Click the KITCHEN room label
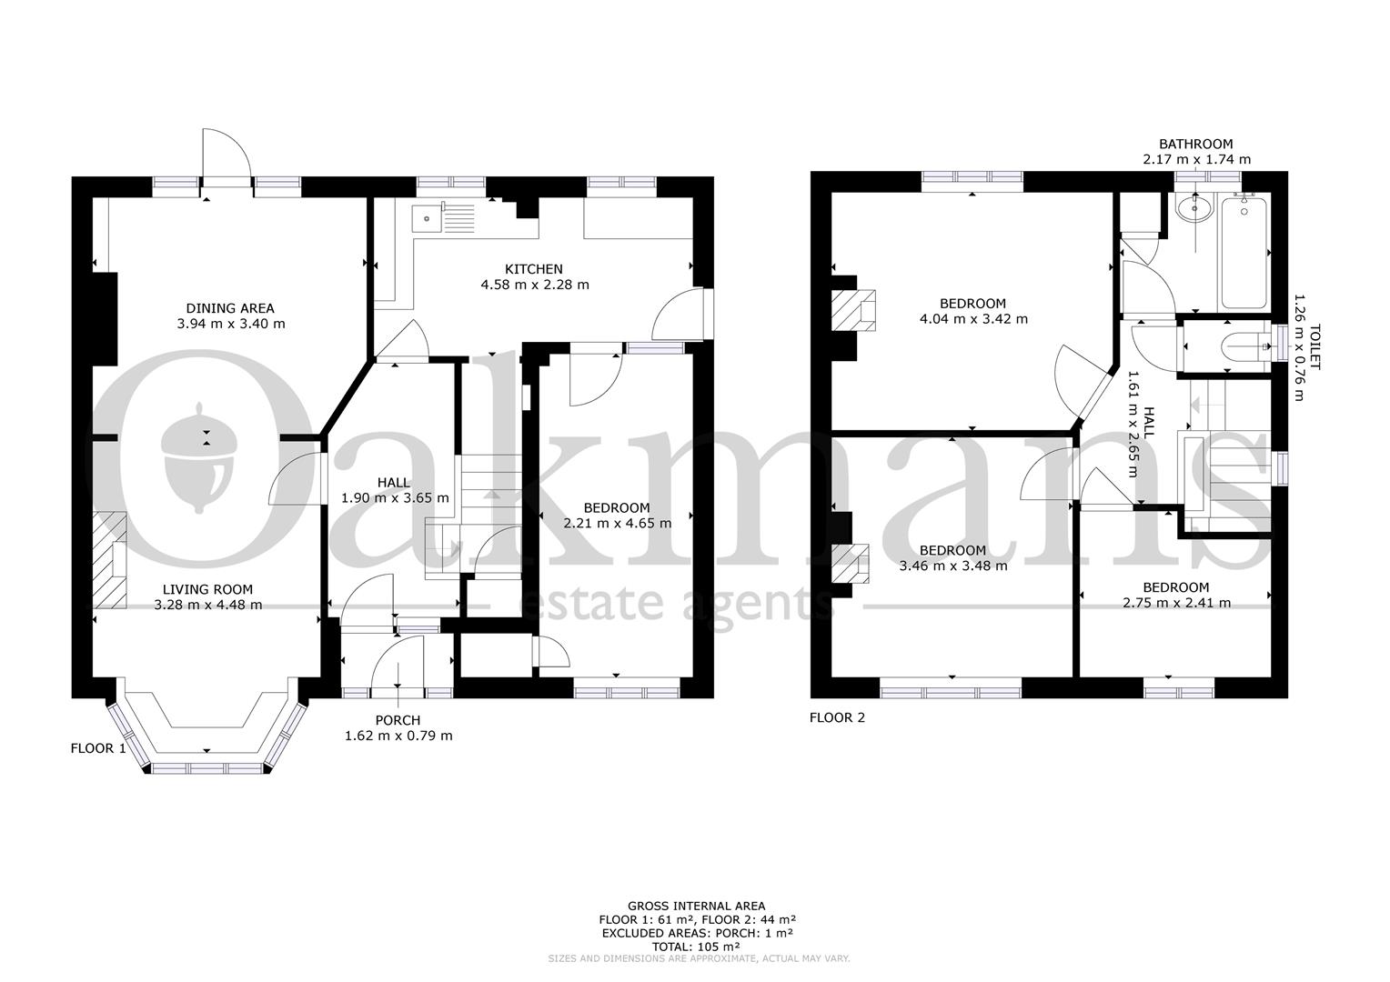click(x=534, y=269)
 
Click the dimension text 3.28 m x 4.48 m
click(x=207, y=605)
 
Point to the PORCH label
click(x=398, y=720)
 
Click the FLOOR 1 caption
click(x=98, y=748)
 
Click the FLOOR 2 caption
click(x=837, y=717)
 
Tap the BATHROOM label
click(x=1195, y=144)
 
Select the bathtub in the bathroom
click(x=1244, y=254)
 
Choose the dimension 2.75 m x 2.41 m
click(x=1176, y=603)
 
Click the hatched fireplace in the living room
click(x=109, y=561)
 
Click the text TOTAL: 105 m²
click(x=696, y=946)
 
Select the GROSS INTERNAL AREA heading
click(x=696, y=906)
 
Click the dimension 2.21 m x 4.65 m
click(x=618, y=523)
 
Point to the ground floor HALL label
click(x=394, y=483)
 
